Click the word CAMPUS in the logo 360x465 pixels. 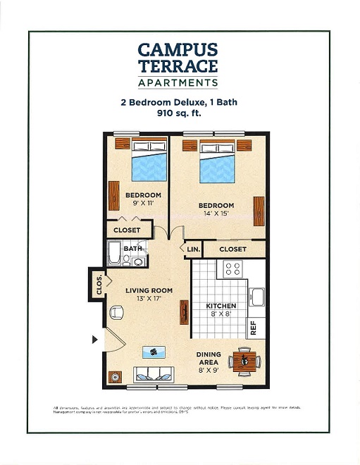[178, 50]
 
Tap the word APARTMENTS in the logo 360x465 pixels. [178, 83]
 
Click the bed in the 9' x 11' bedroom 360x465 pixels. [149, 161]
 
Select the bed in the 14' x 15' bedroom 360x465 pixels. [217, 163]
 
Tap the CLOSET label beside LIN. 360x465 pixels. [232, 249]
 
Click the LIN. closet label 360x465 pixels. [193, 249]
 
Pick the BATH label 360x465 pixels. [132, 249]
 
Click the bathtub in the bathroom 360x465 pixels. [115, 252]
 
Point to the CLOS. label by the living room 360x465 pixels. [99, 284]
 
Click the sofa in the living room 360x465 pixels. [156, 374]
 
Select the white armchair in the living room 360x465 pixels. [116, 312]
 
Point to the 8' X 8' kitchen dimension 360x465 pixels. [220, 315]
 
